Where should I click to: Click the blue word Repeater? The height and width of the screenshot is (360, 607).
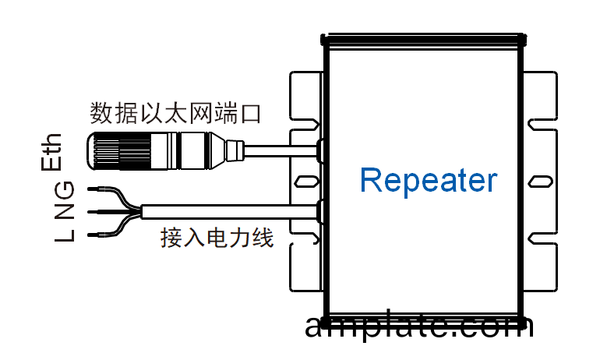click(x=428, y=180)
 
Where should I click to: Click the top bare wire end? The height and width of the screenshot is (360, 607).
click(x=95, y=189)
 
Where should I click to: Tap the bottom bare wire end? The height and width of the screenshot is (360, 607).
click(x=95, y=234)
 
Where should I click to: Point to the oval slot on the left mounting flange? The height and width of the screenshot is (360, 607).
click(x=305, y=182)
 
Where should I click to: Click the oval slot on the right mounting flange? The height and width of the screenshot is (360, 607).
click(x=538, y=182)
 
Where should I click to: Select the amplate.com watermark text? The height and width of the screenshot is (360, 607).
click(x=419, y=326)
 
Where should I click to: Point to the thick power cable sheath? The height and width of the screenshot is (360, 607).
click(x=234, y=210)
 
